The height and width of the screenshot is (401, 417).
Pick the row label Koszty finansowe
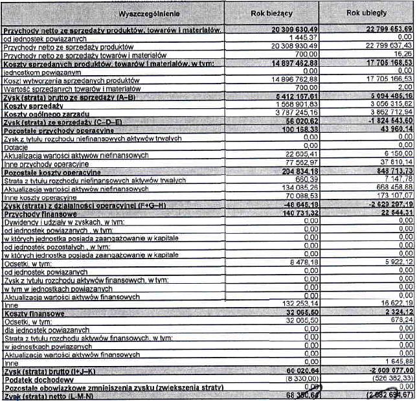(35, 314)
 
